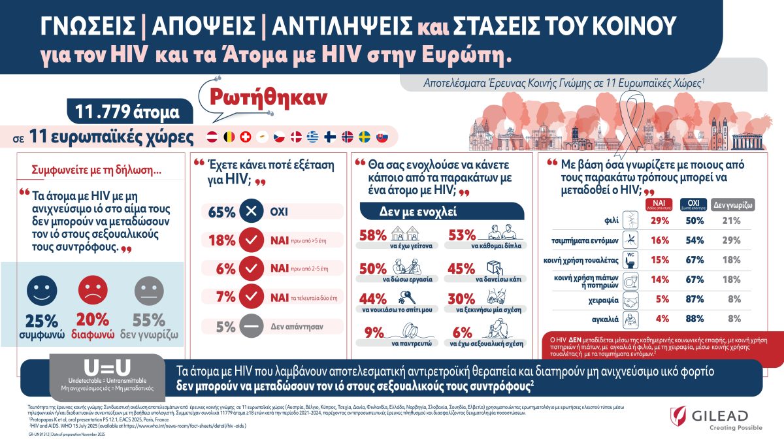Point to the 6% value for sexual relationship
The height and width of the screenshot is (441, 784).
pyautogui.click(x=462, y=332)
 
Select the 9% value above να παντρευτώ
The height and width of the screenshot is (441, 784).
pyautogui.click(x=373, y=332)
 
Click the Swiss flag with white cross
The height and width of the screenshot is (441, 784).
pyautogui.click(x=246, y=137)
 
